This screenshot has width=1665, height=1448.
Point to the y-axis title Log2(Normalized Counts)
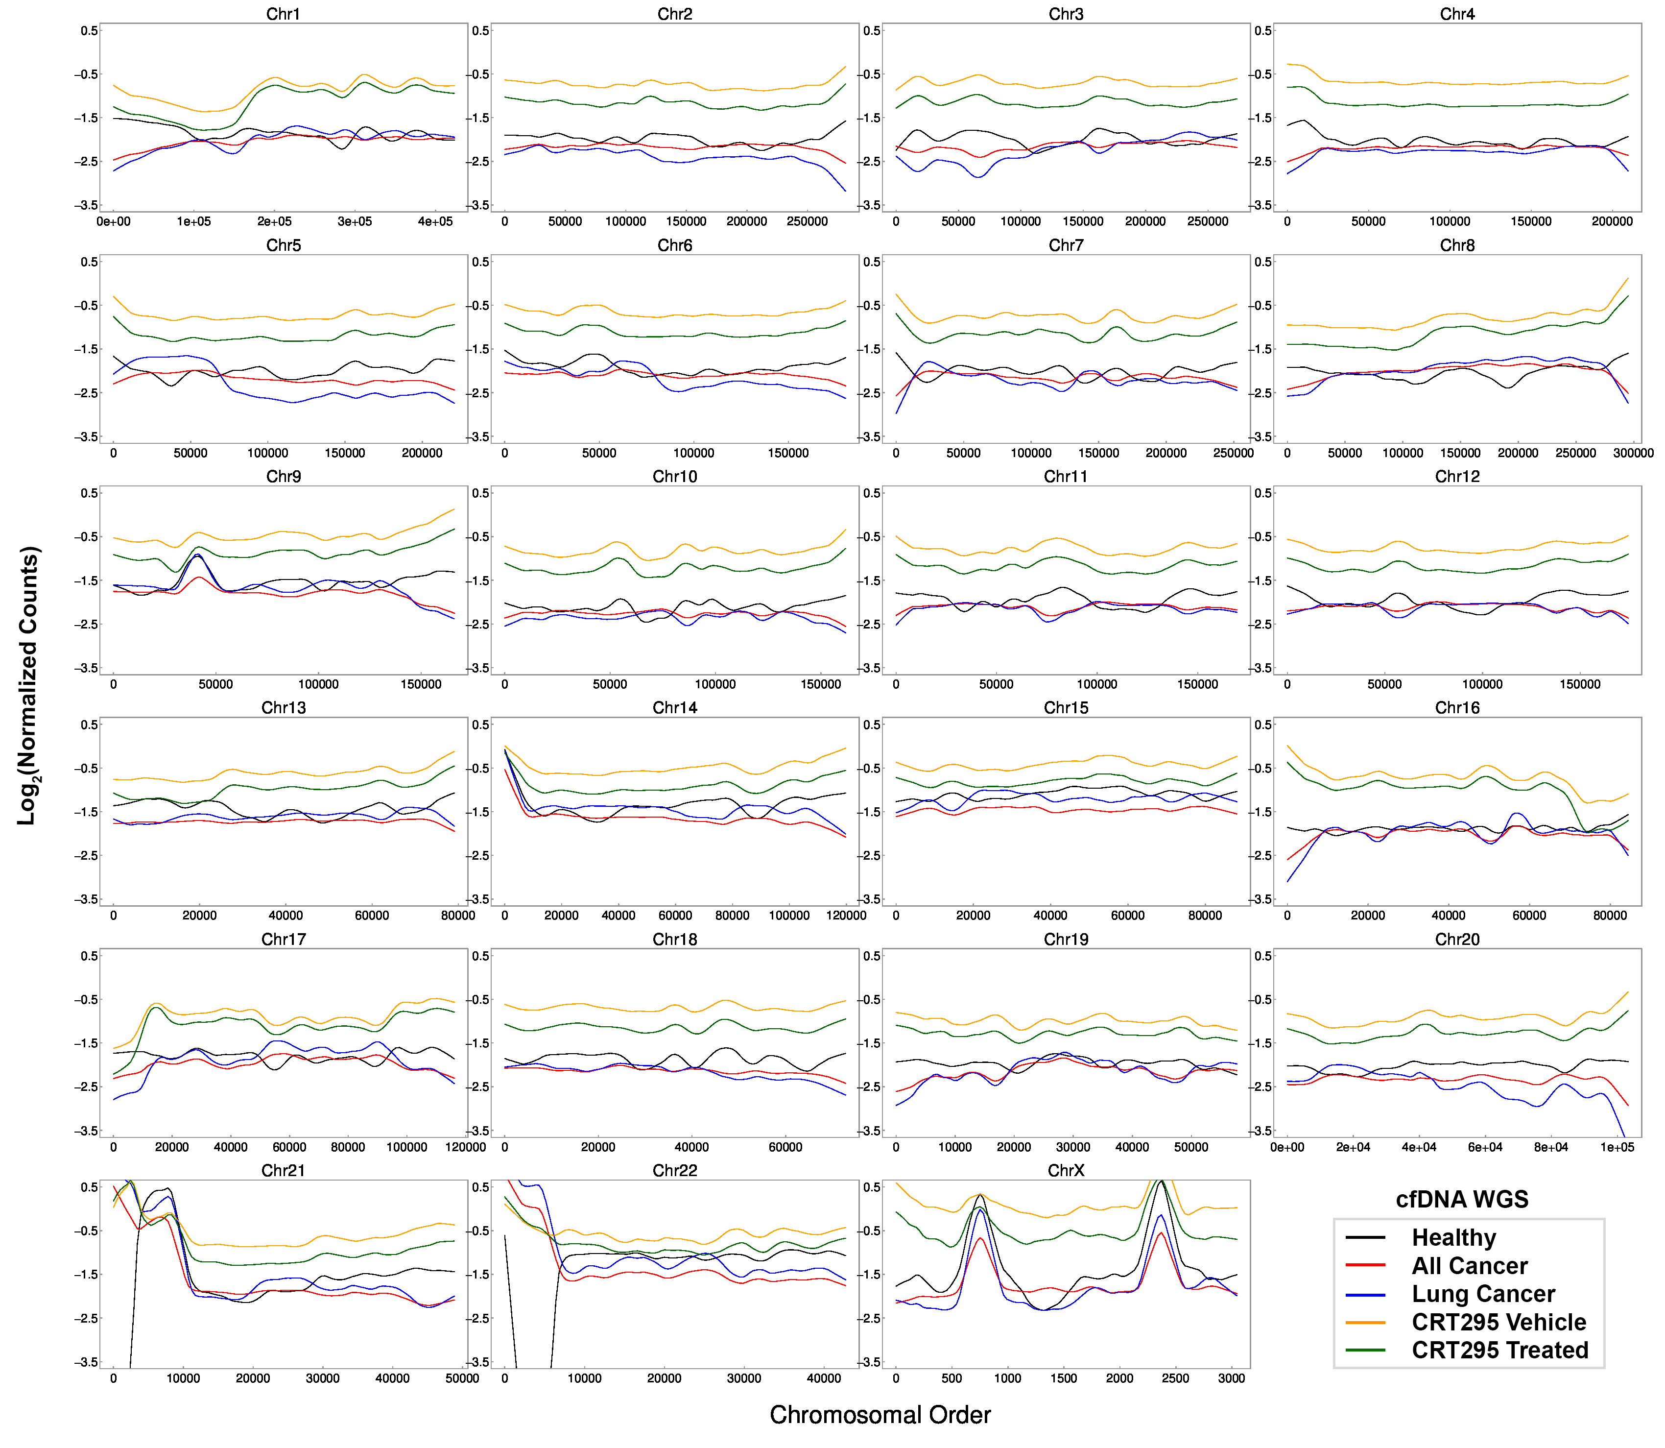[28, 685]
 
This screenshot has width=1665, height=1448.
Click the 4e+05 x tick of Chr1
[435, 221]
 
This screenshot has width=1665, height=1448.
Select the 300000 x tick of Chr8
[1633, 453]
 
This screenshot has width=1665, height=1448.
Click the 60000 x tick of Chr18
[785, 1147]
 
